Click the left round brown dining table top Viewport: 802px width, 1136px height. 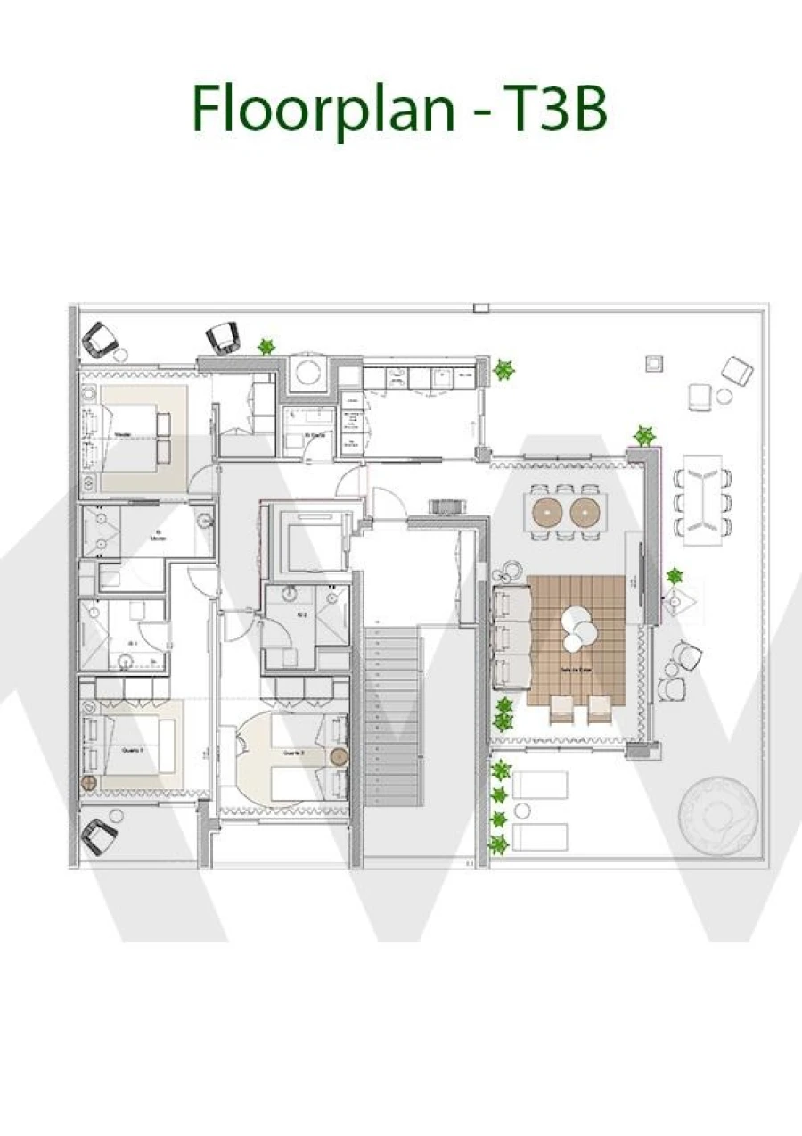[545, 512]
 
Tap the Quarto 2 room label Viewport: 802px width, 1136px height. [294, 753]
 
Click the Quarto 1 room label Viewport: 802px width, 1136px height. [134, 751]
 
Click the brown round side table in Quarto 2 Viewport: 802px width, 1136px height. [339, 757]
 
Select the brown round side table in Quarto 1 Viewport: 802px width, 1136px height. [88, 782]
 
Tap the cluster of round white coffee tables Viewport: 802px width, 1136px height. [577, 627]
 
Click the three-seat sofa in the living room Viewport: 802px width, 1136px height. [511, 636]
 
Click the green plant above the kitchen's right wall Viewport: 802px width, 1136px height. [504, 368]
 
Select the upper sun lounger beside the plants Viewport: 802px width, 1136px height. [539, 785]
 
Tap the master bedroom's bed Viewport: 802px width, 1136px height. [134, 437]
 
